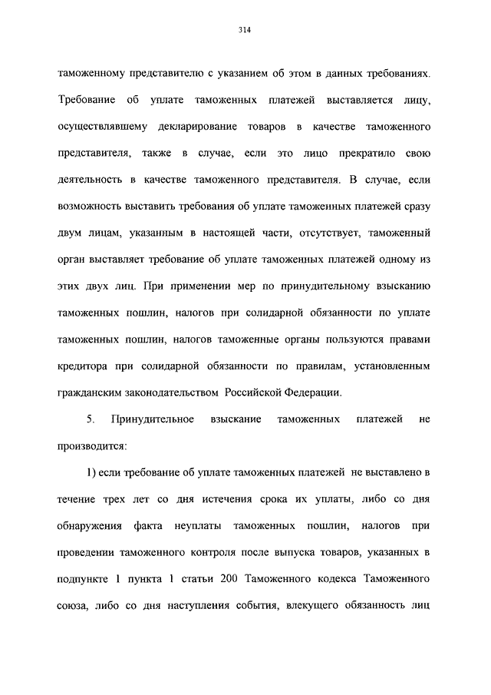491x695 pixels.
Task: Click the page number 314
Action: (245, 31)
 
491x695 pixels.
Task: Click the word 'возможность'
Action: (89, 207)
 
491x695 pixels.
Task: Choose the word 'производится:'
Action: (91, 446)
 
